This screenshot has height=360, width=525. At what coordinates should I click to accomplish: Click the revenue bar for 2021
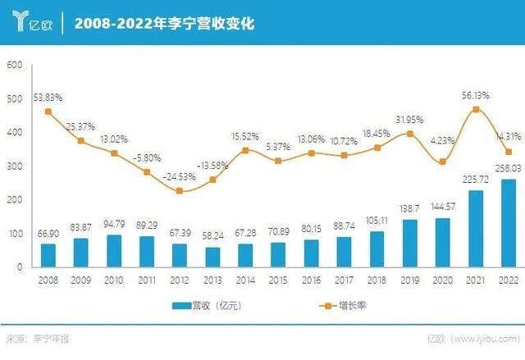[x=475, y=229]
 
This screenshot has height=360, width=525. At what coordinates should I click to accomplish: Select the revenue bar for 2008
[x=48, y=255]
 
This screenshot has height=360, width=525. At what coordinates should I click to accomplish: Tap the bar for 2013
[x=212, y=257]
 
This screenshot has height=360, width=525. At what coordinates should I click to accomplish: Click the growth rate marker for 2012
[x=180, y=191]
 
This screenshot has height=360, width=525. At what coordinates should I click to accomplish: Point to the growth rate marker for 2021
[x=475, y=109]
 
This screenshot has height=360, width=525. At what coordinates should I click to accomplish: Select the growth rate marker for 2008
[x=48, y=112]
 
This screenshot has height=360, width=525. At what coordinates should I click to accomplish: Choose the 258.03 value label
[x=507, y=168]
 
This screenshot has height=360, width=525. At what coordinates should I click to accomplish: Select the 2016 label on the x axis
[x=311, y=279]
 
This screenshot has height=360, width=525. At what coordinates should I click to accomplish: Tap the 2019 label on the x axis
[x=409, y=279]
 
